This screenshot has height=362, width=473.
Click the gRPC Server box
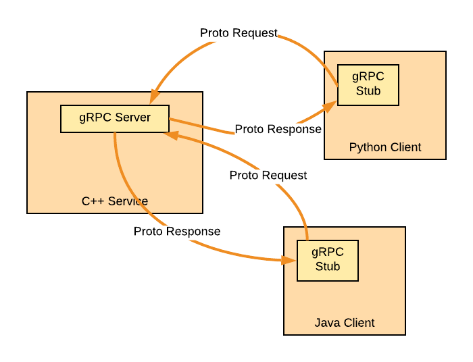click(115, 119)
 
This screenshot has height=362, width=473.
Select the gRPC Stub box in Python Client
click(368, 85)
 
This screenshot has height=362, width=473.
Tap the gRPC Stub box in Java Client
click(328, 260)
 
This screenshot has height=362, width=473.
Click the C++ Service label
click(115, 201)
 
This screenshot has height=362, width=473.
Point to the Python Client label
click(385, 147)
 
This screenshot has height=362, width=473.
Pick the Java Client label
click(345, 322)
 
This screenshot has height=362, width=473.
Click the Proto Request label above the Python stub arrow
click(239, 33)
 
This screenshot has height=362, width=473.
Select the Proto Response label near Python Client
click(278, 129)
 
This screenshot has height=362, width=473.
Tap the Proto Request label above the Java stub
click(268, 175)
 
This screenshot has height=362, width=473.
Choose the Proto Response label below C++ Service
click(177, 231)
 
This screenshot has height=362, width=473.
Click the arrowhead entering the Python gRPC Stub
click(330, 106)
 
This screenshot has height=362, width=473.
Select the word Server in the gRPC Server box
click(132, 118)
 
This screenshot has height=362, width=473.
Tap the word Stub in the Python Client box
click(368, 91)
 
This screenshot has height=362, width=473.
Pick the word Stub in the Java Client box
click(328, 266)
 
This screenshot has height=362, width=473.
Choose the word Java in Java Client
click(327, 322)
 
